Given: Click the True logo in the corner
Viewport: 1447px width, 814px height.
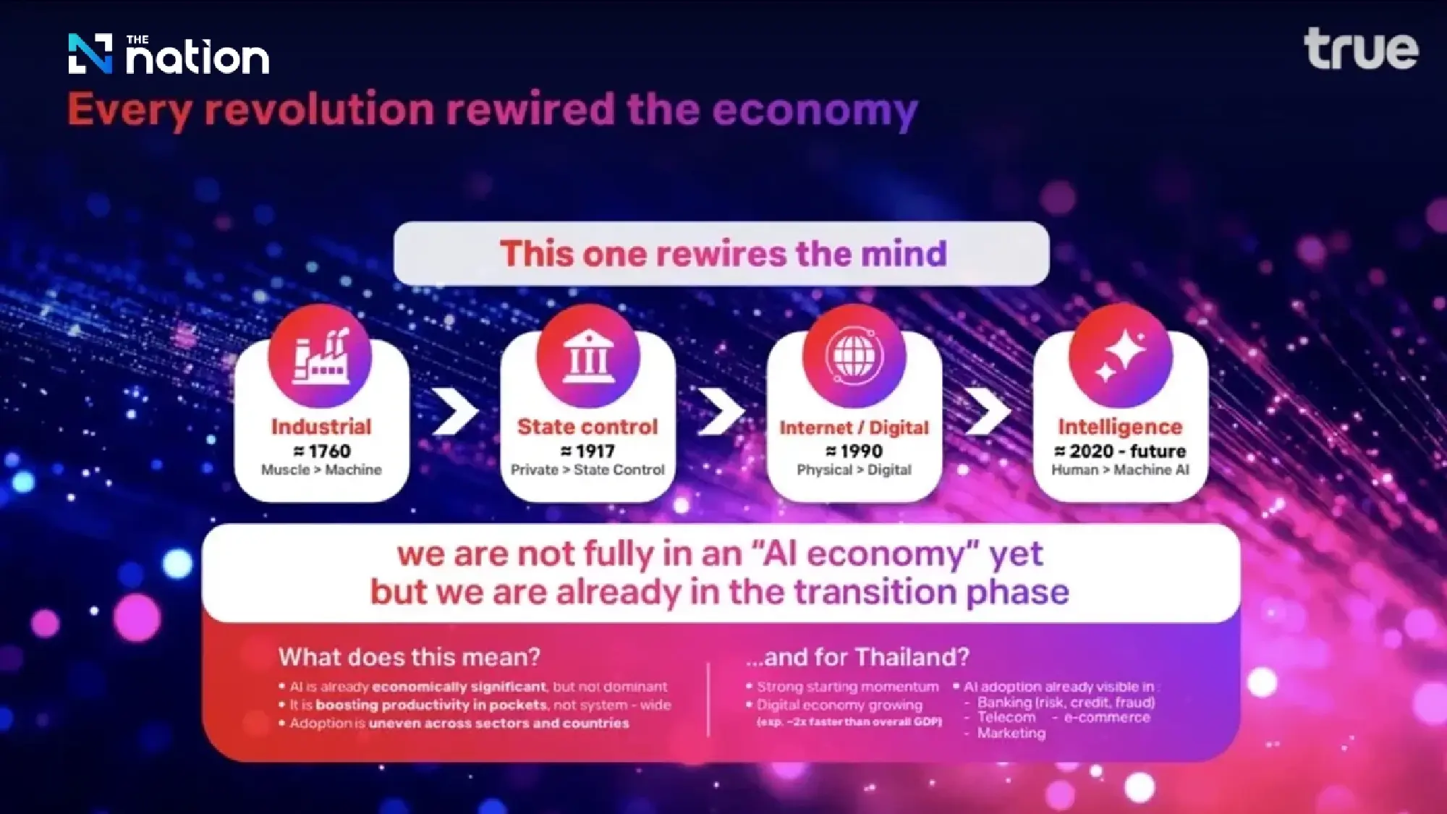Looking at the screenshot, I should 1361,49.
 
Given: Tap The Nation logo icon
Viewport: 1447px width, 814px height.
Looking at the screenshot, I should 90,54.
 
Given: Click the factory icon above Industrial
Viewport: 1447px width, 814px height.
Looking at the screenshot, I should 321,355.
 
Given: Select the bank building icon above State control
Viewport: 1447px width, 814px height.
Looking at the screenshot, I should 588,355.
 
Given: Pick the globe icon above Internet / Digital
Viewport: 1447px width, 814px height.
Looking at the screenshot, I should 854,355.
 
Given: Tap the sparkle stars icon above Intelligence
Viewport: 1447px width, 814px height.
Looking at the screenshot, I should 1121,355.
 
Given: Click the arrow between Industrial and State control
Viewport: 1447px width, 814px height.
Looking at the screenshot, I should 455,412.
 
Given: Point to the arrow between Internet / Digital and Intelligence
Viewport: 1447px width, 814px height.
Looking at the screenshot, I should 988,412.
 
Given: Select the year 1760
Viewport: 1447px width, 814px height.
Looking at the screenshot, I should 329,451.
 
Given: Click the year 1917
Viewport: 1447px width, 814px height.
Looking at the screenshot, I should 595,451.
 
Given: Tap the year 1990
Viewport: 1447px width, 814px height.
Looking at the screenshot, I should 861,451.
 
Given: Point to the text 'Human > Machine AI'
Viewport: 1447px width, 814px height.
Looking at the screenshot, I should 1120,470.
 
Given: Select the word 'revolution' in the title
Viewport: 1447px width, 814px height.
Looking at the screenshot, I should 319,110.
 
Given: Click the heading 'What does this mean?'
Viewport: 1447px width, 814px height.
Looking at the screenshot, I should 410,657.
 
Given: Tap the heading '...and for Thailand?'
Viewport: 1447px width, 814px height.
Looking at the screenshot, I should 857,657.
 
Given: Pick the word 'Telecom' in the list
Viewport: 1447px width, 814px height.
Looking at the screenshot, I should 1006,717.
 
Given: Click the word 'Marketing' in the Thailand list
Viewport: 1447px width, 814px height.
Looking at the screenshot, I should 1011,733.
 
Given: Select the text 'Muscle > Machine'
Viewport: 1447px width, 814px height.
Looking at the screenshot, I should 321,470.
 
